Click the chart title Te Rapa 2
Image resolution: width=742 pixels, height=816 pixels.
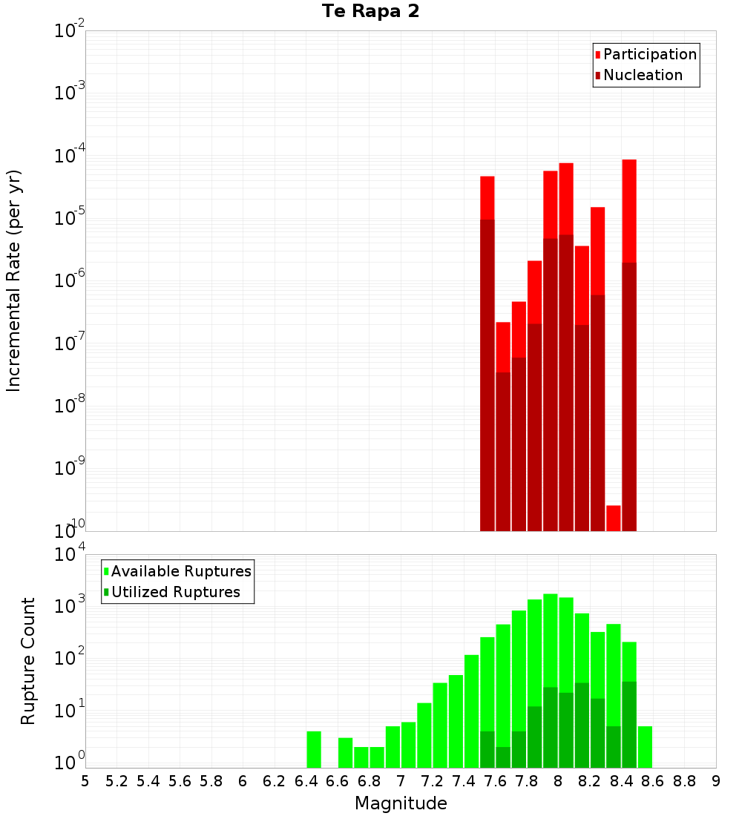coord(370,12)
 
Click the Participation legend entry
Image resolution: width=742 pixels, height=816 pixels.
coord(649,54)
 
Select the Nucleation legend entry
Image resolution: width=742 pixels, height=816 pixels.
coord(643,75)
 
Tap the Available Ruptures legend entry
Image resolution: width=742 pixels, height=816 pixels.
coord(181,571)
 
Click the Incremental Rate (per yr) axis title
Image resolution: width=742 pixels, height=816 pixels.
coord(14,281)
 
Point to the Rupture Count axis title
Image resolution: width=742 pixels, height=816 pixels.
coord(28,661)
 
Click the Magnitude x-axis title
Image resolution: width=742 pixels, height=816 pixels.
coord(401,803)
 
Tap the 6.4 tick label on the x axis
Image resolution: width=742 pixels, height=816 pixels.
coord(306,781)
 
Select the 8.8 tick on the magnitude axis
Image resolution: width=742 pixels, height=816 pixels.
coord(684,781)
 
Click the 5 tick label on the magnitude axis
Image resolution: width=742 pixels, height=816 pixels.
coord(85,781)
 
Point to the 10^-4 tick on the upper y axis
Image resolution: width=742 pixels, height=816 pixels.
coord(68,156)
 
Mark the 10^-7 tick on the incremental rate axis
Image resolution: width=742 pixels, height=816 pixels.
coord(68,343)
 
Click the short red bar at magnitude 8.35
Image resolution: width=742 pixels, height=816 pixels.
coord(614,518)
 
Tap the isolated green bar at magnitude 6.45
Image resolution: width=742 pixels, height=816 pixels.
coord(314,749)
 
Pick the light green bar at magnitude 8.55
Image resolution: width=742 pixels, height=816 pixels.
coord(645,747)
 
